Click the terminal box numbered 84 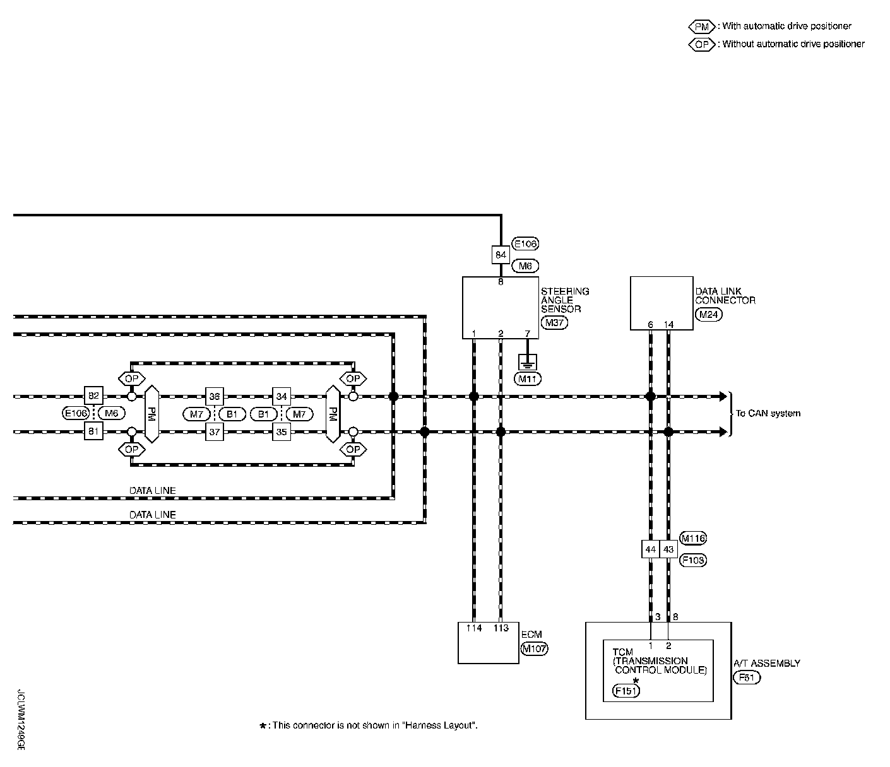[501, 255]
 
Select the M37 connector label [554, 322]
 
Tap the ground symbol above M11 [528, 362]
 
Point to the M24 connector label [708, 315]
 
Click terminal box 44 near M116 [651, 549]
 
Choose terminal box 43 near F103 [668, 549]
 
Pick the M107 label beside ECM [534, 648]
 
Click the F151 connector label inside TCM [626, 691]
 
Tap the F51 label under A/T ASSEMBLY [747, 677]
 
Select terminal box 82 [93, 395]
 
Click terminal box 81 [93, 431]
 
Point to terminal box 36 [215, 396]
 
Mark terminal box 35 [281, 431]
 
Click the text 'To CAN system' [768, 413]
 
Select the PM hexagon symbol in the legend [701, 26]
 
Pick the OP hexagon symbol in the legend [701, 44]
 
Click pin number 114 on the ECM [473, 628]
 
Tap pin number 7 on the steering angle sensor [527, 334]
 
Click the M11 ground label [528, 379]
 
